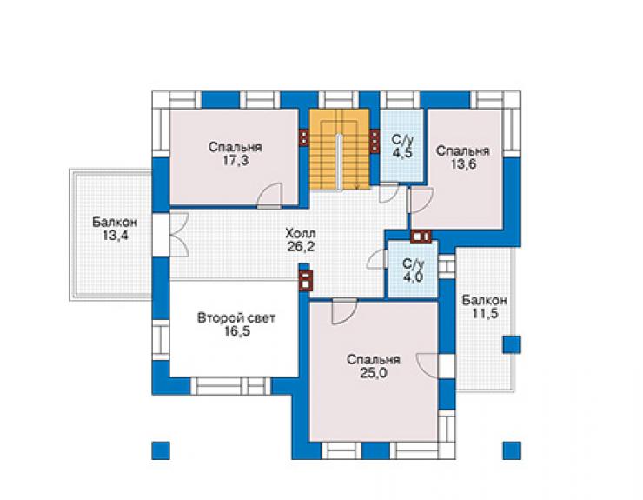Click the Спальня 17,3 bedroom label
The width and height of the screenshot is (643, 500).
pos(235,154)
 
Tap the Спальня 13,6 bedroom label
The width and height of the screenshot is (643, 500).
pos(463,157)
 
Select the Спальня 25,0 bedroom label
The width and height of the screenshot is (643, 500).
pos(373,367)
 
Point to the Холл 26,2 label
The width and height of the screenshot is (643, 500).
pos(301,240)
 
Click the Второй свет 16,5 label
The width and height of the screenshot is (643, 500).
pos(236,324)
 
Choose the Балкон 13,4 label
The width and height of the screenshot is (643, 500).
pos(115,229)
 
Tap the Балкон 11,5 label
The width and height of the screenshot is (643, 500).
pos(485,307)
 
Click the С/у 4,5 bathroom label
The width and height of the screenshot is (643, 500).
pos(401,146)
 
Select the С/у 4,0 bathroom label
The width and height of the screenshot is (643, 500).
pos(413,270)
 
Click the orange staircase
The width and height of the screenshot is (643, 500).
pos(340,149)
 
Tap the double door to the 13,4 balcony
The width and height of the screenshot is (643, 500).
pos(178,236)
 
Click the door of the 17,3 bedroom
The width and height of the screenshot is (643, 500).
pos(270,196)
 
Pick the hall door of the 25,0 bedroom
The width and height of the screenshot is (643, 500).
pos(344,312)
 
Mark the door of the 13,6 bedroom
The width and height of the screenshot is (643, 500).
pos(421,200)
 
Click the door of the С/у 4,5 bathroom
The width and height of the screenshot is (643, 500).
pos(388,193)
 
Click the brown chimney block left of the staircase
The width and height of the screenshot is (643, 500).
pos(303,138)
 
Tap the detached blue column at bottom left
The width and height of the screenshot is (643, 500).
pos(161,450)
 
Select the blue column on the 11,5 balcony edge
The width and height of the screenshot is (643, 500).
pos(512,344)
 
